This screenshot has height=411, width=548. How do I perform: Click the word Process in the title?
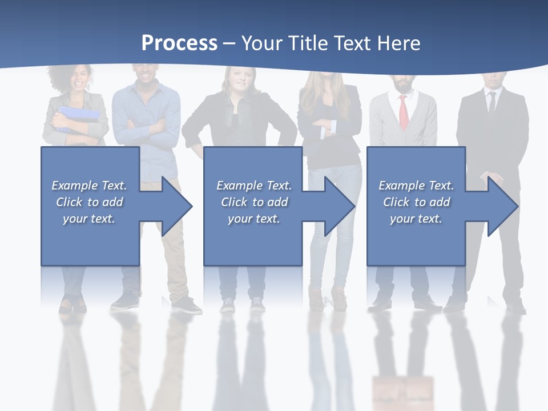179,43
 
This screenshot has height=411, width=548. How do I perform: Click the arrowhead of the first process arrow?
177,206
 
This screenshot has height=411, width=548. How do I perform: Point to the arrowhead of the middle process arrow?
340,206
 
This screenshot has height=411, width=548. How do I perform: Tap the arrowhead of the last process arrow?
502,206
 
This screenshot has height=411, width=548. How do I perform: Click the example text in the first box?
89,202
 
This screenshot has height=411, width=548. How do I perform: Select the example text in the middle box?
254,202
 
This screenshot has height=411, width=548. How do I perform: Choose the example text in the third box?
416,202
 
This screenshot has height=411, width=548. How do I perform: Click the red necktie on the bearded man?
403,112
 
